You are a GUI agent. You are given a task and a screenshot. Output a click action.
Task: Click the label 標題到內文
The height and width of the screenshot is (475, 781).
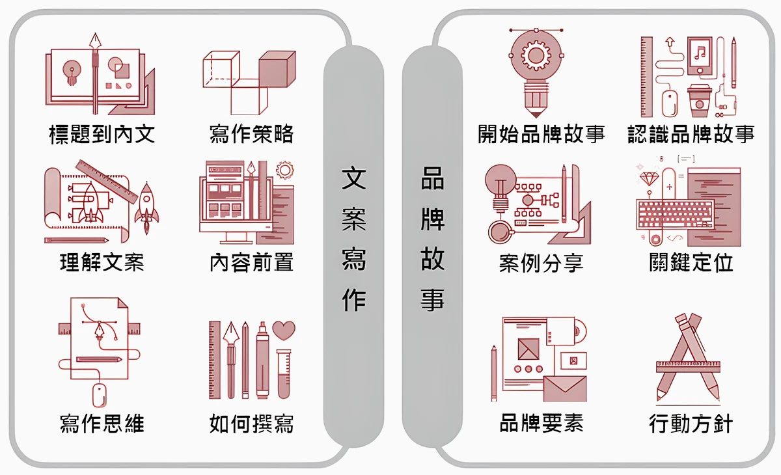point(102,134)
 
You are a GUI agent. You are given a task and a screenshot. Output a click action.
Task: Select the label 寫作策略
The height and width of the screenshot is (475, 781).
point(251,134)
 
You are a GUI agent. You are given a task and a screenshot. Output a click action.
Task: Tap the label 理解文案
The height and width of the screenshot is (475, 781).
point(102,263)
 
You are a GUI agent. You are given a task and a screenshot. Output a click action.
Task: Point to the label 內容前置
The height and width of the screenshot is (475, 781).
point(251,263)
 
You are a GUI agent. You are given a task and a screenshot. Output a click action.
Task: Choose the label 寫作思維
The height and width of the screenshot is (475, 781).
point(102,424)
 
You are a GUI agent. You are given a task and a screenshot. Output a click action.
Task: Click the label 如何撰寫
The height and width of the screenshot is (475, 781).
point(251,424)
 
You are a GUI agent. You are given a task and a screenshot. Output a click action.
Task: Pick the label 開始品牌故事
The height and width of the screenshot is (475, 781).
point(541,134)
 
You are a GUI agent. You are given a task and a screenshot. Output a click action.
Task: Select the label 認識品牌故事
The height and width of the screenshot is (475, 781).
point(691,134)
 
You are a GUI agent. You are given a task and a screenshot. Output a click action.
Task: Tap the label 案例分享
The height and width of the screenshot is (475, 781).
point(541,263)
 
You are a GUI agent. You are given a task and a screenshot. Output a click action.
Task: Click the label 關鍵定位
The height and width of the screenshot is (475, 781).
point(691,263)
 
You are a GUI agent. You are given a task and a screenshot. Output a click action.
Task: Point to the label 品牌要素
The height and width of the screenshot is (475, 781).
point(541,424)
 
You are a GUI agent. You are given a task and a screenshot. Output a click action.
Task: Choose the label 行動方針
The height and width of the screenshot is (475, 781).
point(691,424)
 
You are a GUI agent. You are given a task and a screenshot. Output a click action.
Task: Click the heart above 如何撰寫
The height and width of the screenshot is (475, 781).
point(284,330)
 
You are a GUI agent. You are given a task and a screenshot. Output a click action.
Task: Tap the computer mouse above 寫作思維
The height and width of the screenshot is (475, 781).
point(99,394)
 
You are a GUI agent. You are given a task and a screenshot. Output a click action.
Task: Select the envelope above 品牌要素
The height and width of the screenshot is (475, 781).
point(564,388)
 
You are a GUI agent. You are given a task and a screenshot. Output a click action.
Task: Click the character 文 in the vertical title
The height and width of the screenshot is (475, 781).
point(353,178)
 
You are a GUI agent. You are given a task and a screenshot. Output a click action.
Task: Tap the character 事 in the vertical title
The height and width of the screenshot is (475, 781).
point(432,300)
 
